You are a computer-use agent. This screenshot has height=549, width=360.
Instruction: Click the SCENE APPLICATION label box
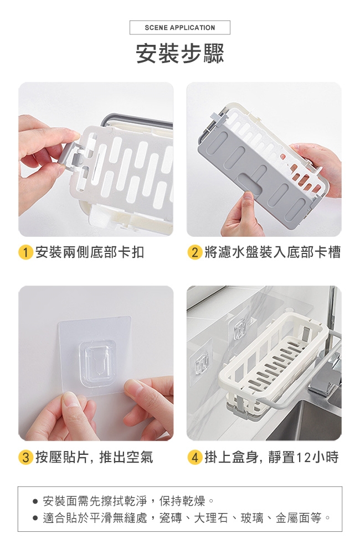[180, 28]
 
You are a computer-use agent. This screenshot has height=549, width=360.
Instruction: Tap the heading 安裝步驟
[180, 54]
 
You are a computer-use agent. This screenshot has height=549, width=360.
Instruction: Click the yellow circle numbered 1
[25, 252]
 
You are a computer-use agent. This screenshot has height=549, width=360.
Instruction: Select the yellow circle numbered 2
[195, 252]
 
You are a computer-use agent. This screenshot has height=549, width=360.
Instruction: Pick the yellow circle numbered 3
[25, 457]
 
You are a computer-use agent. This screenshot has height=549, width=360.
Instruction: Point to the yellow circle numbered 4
[195, 457]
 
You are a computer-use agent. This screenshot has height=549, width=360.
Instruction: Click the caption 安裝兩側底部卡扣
[90, 252]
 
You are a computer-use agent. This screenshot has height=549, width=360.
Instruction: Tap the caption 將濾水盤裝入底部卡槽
[272, 252]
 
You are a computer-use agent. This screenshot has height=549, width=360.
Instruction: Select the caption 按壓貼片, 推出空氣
[94, 457]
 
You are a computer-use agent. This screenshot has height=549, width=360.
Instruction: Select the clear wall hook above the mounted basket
[240, 329]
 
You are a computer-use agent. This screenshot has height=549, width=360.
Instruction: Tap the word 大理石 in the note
[210, 518]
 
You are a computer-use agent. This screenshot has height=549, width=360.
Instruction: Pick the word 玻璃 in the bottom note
[252, 518]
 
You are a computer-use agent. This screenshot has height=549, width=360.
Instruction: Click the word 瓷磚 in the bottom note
[171, 518]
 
